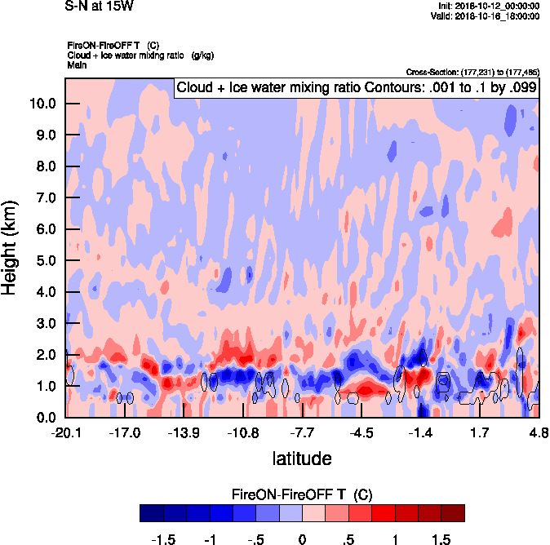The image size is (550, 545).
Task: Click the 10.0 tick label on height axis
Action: pos(41,104)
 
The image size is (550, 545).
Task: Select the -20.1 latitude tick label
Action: pos(65,432)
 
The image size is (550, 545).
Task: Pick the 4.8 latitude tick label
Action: pos(539,432)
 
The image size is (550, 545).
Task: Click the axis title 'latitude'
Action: pos(302,459)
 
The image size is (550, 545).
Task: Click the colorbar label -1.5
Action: pos(165,540)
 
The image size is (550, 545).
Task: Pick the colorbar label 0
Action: pos(302,540)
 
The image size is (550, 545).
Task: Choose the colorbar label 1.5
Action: pos(441,540)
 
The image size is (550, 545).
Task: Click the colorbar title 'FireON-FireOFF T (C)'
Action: pos(302,495)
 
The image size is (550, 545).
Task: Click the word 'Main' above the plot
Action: pos(77,64)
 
